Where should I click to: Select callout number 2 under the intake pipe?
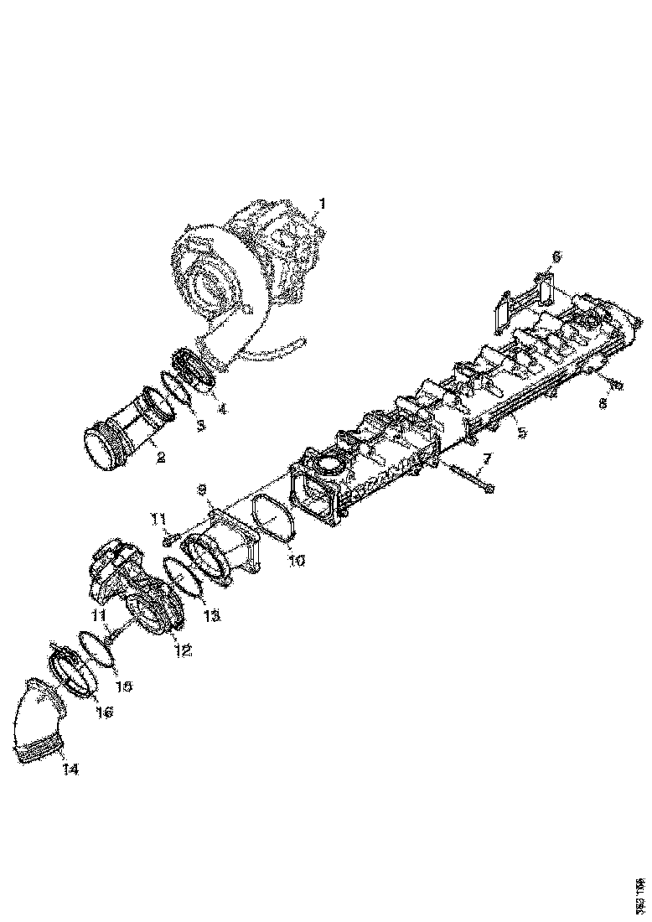coord(159,458)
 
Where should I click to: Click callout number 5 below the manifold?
coord(521,434)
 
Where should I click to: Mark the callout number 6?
coord(556,256)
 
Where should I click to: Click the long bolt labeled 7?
coord(469,477)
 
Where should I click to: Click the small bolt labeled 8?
coord(614,385)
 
